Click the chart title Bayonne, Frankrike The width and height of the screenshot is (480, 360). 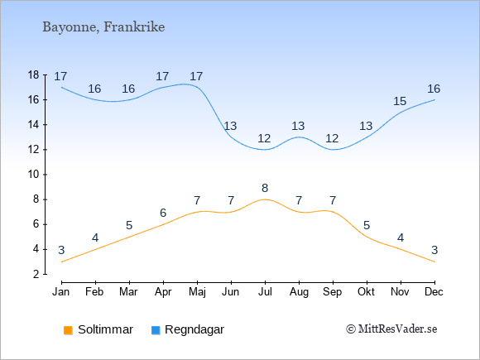[x=103, y=27]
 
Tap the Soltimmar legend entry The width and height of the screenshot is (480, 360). [x=98, y=329]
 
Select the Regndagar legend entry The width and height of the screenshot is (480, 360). [x=188, y=329]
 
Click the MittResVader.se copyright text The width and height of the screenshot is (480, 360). [x=391, y=329]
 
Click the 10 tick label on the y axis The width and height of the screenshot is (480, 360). [x=33, y=175]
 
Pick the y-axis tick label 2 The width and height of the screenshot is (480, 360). [x=36, y=274]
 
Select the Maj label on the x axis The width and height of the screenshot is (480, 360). [x=197, y=292]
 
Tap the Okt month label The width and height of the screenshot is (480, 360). [x=367, y=292]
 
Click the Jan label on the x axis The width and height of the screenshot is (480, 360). [x=61, y=292]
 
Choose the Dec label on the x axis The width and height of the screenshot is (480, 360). [x=434, y=292]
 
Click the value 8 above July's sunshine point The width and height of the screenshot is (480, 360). [x=265, y=188]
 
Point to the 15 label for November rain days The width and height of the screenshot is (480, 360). [x=400, y=101]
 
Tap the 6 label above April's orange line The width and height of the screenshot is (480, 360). [x=163, y=213]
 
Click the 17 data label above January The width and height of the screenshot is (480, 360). [x=60, y=76]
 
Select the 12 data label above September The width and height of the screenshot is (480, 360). [x=332, y=138]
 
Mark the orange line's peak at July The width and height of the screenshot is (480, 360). [x=265, y=199]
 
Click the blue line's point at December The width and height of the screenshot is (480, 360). [x=434, y=100]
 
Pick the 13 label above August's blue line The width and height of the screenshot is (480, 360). [x=298, y=126]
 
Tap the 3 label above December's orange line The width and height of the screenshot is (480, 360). [x=434, y=250]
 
